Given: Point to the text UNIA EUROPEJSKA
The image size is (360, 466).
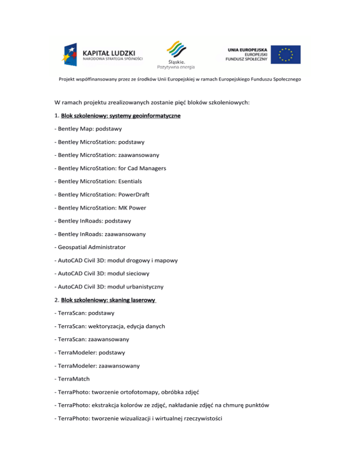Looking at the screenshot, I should pyautogui.click(x=247, y=48).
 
